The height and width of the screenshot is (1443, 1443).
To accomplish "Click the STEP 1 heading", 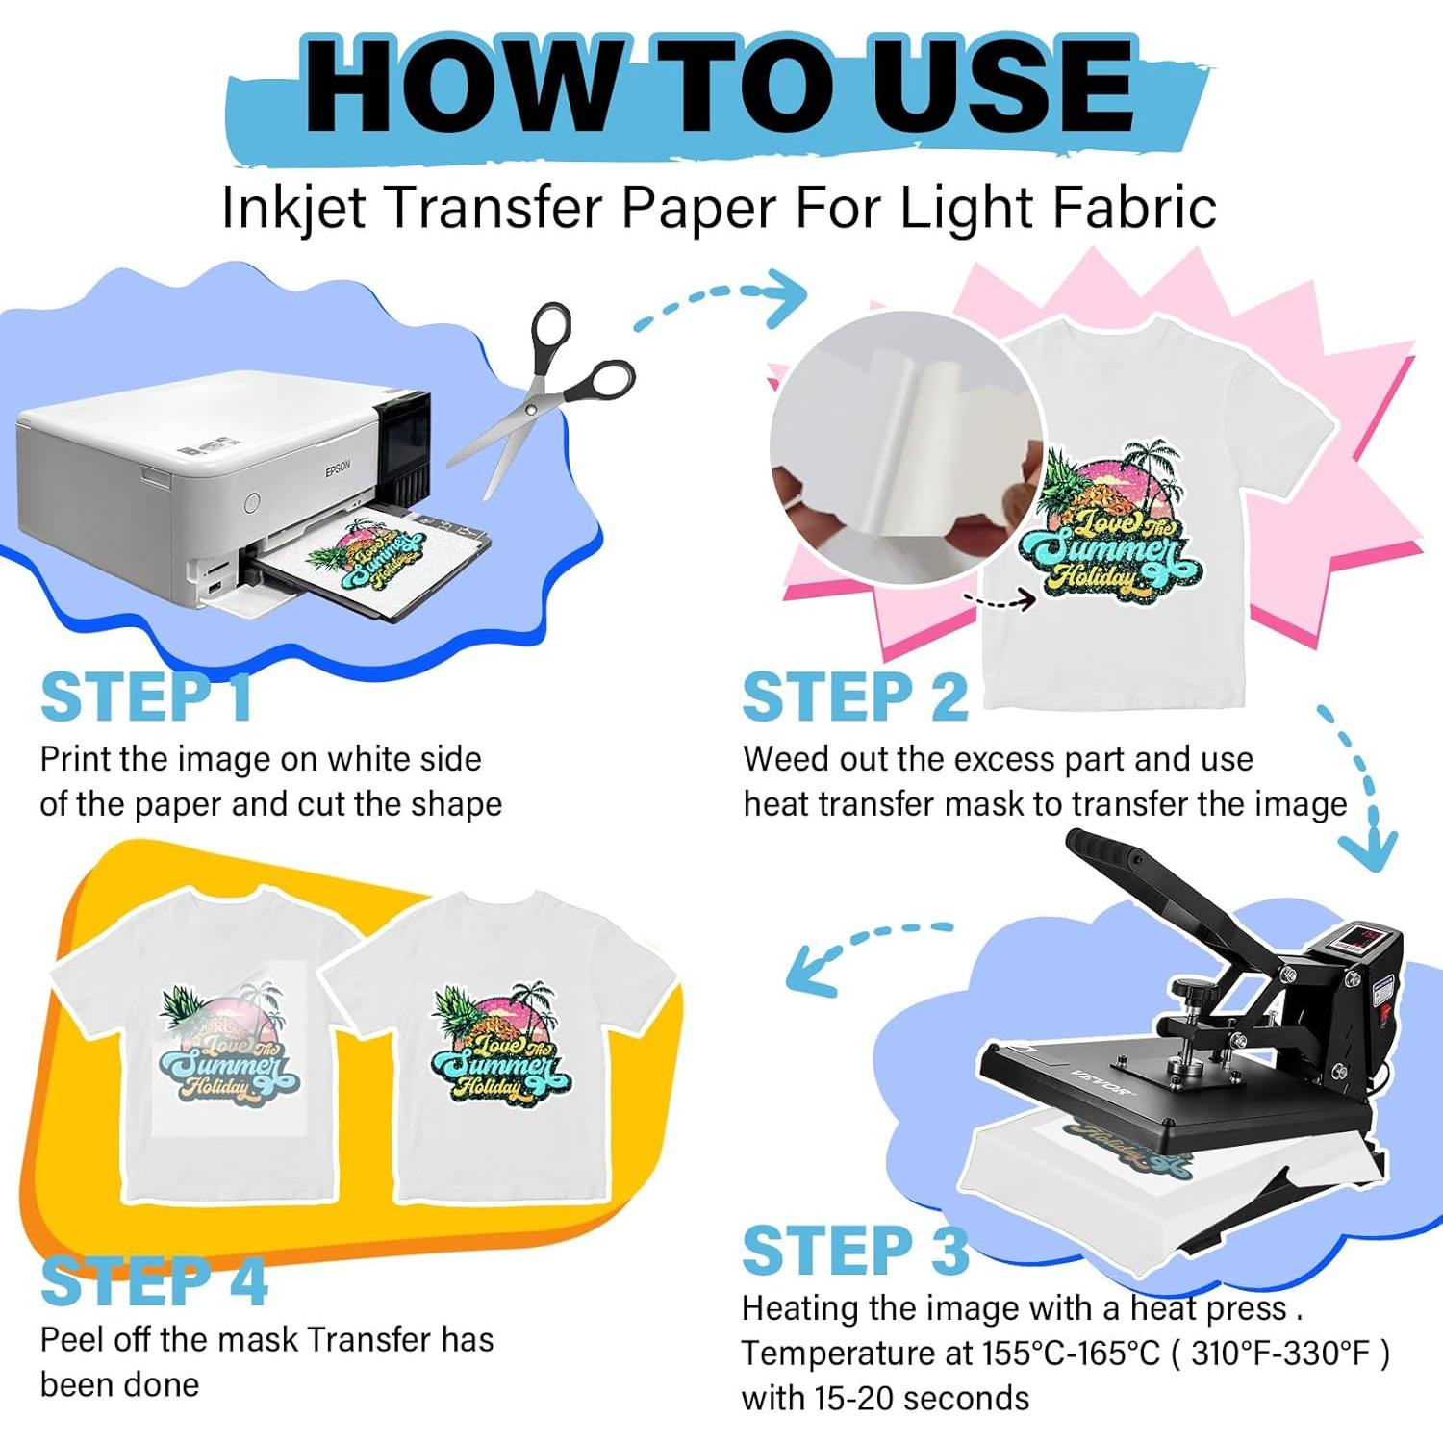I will tap(146, 697).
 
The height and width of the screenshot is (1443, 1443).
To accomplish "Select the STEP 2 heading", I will tap(854, 697).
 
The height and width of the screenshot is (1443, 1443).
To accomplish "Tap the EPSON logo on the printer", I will tap(338, 468).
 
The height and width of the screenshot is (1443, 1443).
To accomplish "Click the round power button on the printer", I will tap(252, 501).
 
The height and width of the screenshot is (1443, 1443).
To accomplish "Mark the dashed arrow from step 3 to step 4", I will tap(861, 952).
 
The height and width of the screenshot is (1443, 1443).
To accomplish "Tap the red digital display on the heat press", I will tap(1363, 935).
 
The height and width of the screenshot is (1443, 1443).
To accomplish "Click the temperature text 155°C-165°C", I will tap(1071, 1354).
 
